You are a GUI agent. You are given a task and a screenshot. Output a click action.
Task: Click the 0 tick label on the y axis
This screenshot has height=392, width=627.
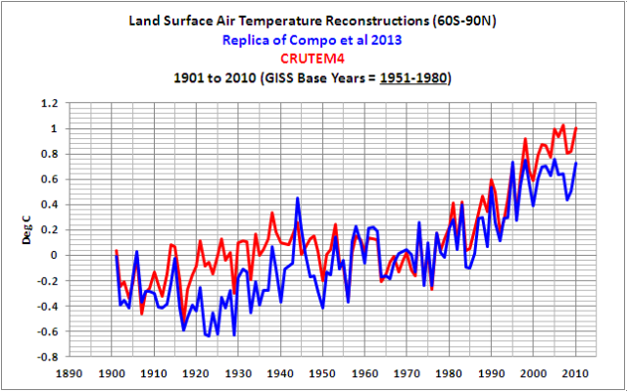(x=53, y=255)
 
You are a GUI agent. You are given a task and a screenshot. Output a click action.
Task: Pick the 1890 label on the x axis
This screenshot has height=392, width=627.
(x=72, y=373)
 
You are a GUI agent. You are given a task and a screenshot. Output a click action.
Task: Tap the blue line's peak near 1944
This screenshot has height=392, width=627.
(x=298, y=199)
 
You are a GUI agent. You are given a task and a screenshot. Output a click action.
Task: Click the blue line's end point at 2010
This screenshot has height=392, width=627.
(x=577, y=163)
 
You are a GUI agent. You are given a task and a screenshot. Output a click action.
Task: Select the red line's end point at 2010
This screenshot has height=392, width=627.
(x=577, y=127)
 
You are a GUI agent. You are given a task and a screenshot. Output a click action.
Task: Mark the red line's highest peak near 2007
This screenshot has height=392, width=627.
(x=563, y=125)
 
